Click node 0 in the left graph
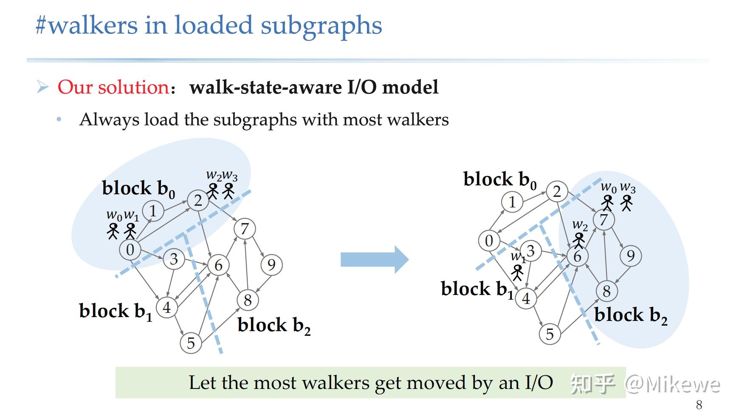130,250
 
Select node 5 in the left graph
191,343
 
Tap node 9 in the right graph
630,256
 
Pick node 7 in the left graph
245,229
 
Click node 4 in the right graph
526,298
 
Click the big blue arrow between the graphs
374,259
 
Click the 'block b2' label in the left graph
274,326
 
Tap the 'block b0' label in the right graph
500,180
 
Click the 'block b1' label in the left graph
116,311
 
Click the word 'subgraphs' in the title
321,26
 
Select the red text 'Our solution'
113,87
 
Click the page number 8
699,404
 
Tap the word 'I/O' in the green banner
539,383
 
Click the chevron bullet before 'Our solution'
42,87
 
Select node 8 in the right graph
606,291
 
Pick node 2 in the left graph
197,200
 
